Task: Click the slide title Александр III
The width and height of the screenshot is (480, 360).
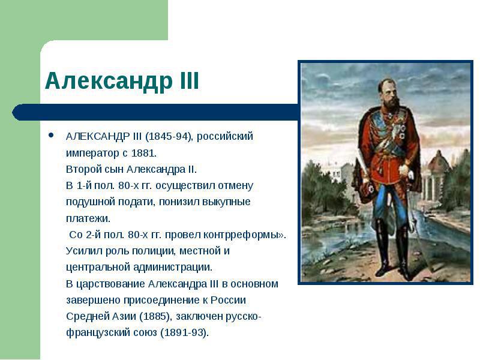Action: click(122, 81)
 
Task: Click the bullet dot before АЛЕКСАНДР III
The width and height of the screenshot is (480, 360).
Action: click(51, 136)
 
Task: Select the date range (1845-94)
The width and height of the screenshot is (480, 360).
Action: click(169, 136)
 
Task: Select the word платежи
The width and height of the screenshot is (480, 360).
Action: click(87, 218)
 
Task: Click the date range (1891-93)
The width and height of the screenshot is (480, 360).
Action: click(184, 332)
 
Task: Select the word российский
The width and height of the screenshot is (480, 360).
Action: click(225, 136)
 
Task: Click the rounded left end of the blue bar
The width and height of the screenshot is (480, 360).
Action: click(16, 112)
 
